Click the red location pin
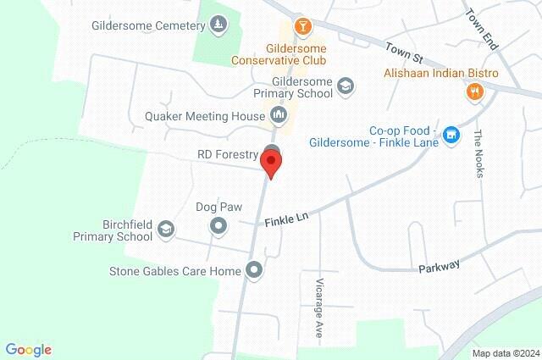[x=272, y=162]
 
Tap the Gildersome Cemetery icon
[x=218, y=25]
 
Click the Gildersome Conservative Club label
[x=284, y=55]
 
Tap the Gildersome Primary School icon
[x=345, y=85]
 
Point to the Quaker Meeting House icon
[x=279, y=115]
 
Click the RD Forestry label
[x=226, y=154]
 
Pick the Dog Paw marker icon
[x=218, y=225]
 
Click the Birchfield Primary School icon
[x=167, y=229]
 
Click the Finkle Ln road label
[x=286, y=220]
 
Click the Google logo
[x=28, y=350]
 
